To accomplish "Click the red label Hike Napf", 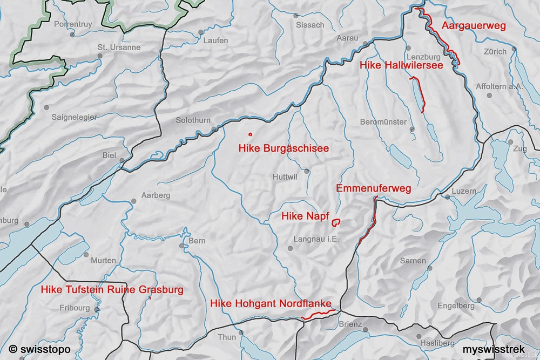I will [306, 216].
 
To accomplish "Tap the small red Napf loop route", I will [336, 221].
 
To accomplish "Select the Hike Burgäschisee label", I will [283, 148].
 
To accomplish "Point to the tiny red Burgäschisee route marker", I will [250, 133].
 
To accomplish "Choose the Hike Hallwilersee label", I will [401, 65].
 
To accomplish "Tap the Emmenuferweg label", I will [374, 188].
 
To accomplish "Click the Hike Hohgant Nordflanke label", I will [271, 303].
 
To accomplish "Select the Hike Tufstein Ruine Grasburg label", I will [112, 289].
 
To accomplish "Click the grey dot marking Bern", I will [182, 246].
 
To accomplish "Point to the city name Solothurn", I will [193, 120].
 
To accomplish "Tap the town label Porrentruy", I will [73, 24].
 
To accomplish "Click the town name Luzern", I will [464, 191].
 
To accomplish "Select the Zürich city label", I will [495, 52].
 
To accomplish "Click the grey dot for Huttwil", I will [307, 171].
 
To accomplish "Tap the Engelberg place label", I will [456, 306].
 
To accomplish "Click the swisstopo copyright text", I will [40, 349].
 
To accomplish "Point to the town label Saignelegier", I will [74, 117].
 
